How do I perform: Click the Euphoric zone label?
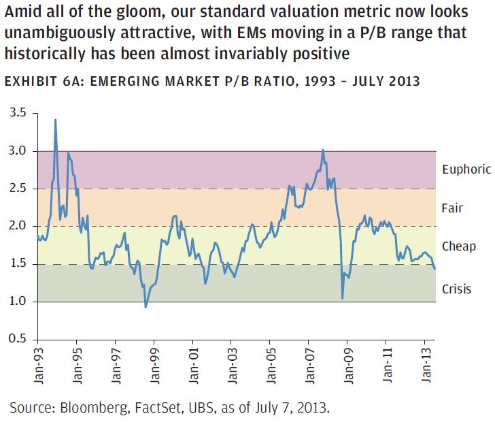click(x=464, y=170)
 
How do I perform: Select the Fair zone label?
click(x=452, y=208)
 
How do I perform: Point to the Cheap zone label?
click(x=458, y=246)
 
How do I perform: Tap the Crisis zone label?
click(x=456, y=289)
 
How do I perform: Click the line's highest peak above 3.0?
click(x=55, y=120)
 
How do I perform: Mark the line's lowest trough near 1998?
click(x=146, y=307)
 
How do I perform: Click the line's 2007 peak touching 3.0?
click(x=322, y=150)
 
